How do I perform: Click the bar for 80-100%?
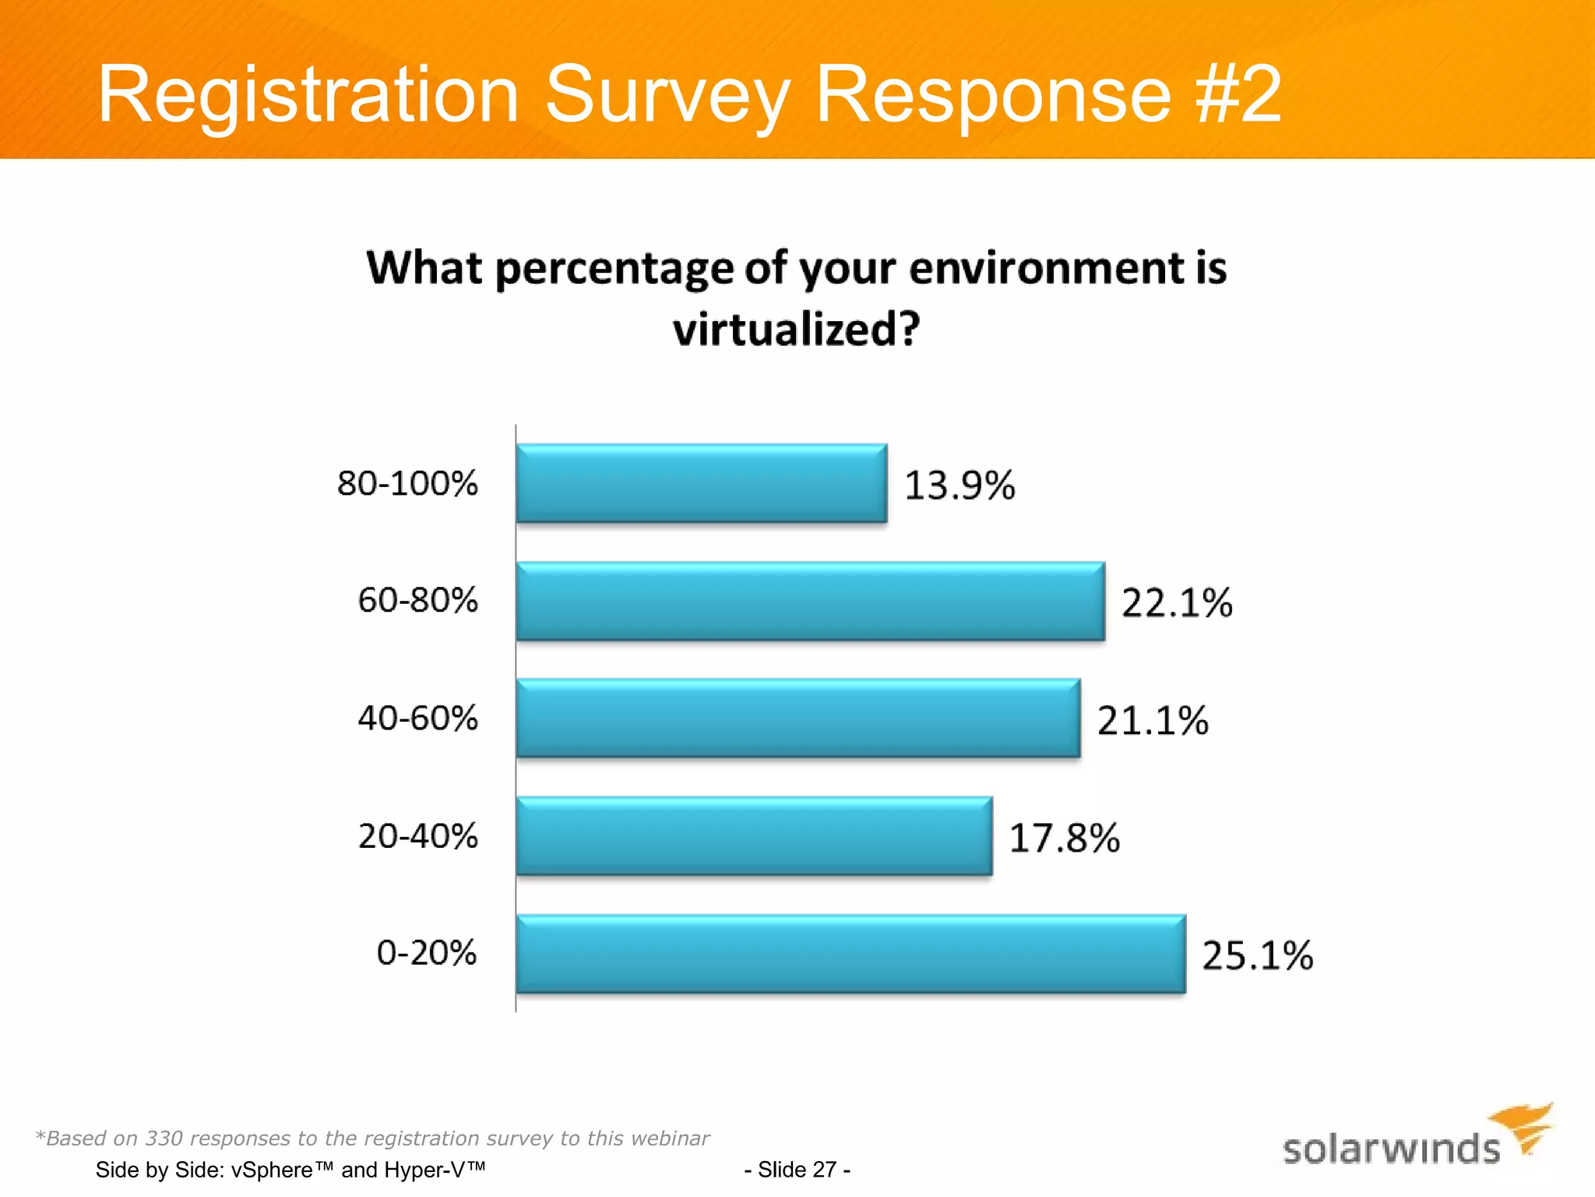pyautogui.click(x=701, y=483)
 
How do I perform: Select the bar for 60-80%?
pyautogui.click(x=810, y=601)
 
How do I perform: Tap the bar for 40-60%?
pyautogui.click(x=798, y=719)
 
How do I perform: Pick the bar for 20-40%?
pyautogui.click(x=754, y=836)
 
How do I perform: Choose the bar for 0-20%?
pyautogui.click(x=850, y=954)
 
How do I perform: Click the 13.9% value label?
pyautogui.click(x=959, y=486)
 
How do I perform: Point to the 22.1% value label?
pyautogui.click(x=1177, y=603)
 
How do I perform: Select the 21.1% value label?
pyautogui.click(x=1153, y=721)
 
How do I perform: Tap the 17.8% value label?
pyautogui.click(x=1065, y=839)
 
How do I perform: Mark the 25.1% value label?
pyautogui.click(x=1258, y=956)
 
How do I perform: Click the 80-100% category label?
pyautogui.click(x=407, y=483)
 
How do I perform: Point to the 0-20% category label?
pyautogui.click(x=427, y=953)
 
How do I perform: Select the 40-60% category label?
pyautogui.click(x=417, y=718)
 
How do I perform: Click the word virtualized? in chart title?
pyautogui.click(x=797, y=330)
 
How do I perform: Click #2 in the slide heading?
pyautogui.click(x=1239, y=95)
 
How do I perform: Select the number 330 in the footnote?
pyautogui.click(x=164, y=1139)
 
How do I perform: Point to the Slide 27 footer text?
pyautogui.click(x=797, y=1170)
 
